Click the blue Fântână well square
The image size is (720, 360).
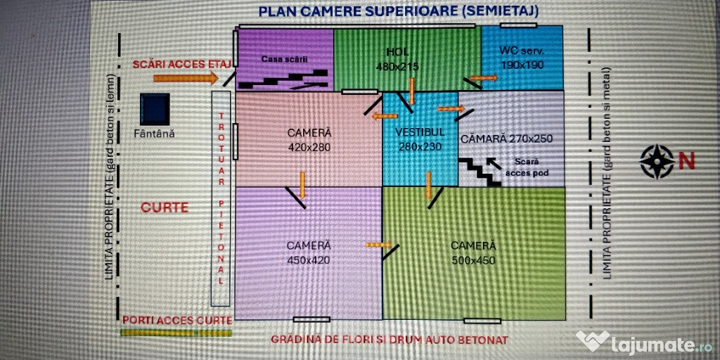click(155, 109)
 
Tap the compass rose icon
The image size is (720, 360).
click(657, 161)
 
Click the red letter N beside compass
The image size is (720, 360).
click(687, 161)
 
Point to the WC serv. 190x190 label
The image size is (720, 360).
click(522, 58)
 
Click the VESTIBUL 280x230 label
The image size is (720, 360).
click(420, 139)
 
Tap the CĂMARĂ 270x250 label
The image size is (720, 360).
click(506, 139)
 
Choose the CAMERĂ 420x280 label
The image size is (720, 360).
click(309, 140)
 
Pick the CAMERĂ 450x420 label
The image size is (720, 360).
click(309, 252)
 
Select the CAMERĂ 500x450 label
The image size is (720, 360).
click(473, 252)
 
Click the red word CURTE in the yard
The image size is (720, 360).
click(165, 208)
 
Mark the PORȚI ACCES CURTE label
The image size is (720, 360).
click(176, 320)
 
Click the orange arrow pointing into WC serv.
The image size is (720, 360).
click(483, 77)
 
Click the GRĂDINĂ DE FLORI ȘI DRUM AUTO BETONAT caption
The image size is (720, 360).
click(390, 340)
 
